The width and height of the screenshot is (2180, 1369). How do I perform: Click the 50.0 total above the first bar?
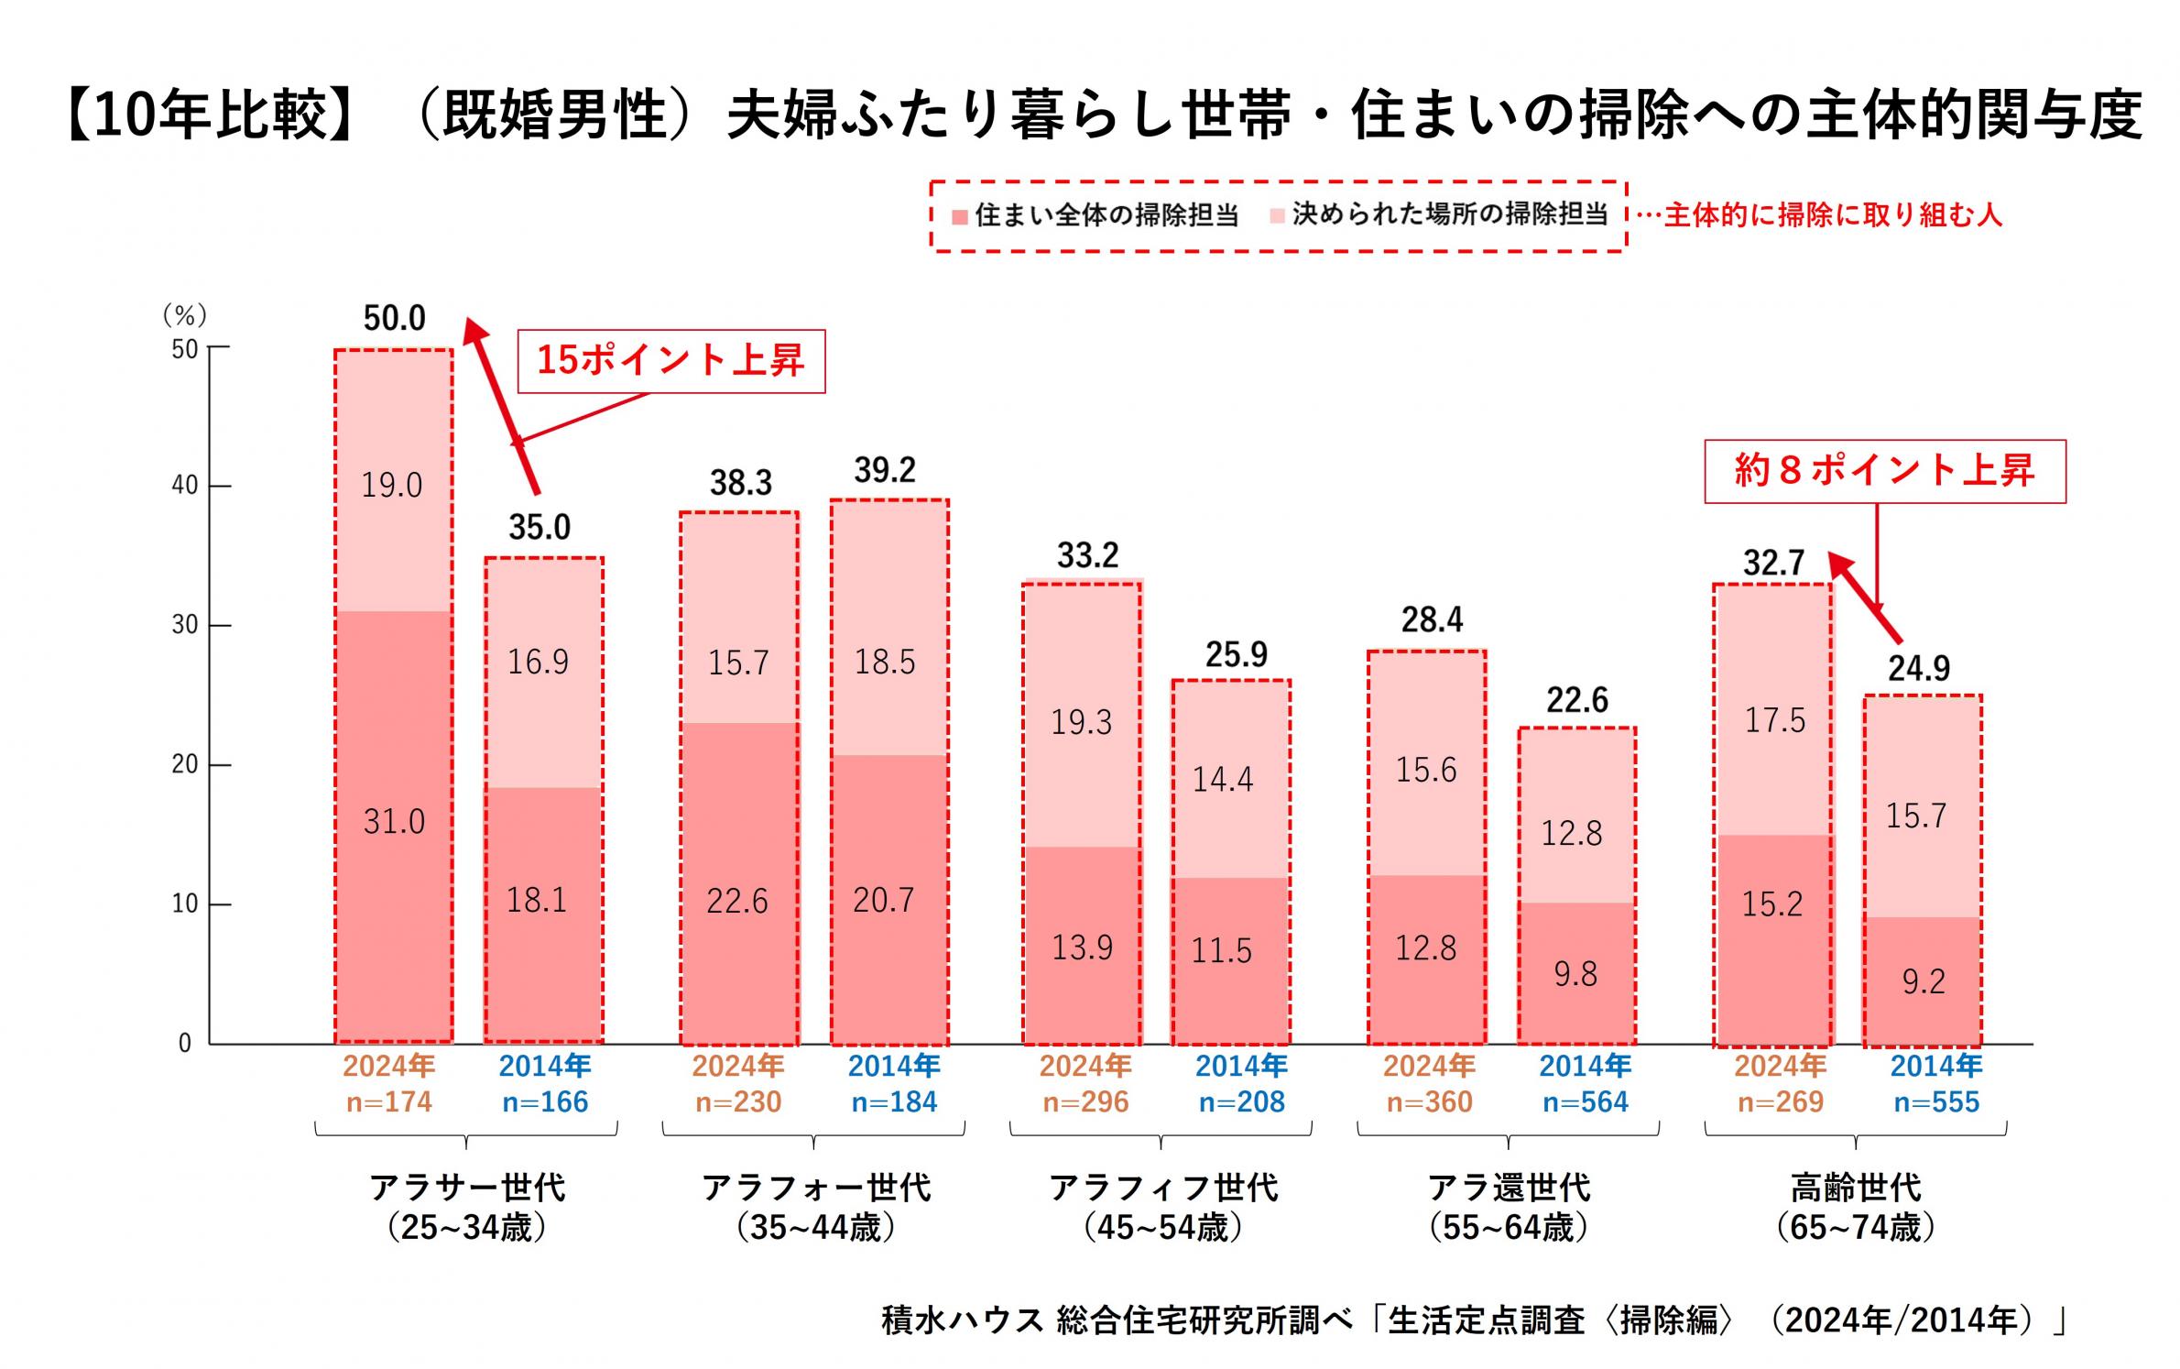pyautogui.click(x=394, y=318)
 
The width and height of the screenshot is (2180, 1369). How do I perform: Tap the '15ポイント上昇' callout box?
pyautogui.click(x=670, y=361)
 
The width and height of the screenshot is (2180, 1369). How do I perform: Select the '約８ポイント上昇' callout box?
pyautogui.click(x=1884, y=472)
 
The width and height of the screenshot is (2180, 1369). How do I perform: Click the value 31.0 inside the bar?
pyautogui.click(x=394, y=822)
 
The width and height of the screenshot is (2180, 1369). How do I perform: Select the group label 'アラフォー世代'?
pyautogui.click(x=816, y=1188)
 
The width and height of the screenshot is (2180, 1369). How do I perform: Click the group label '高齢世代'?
pyautogui.click(x=1856, y=1188)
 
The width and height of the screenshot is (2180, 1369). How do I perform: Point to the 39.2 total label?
pyautogui.click(x=885, y=470)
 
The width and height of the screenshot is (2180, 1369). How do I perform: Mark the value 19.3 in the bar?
pyautogui.click(x=1081, y=723)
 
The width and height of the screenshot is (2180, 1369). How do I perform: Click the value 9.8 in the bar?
pyautogui.click(x=1575, y=974)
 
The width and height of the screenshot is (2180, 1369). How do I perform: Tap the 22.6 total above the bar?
pyautogui.click(x=1577, y=700)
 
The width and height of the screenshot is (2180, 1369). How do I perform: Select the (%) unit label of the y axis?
pyautogui.click(x=185, y=315)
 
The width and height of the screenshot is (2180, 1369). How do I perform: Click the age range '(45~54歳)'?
pyautogui.click(x=1162, y=1228)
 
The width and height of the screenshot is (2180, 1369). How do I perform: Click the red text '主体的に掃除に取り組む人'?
pyautogui.click(x=1833, y=215)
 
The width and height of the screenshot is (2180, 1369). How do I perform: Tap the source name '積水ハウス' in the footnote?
pyautogui.click(x=963, y=1320)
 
